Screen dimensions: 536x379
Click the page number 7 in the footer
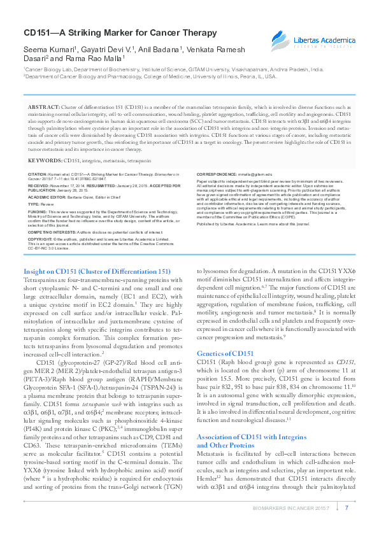tap(346, 507)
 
